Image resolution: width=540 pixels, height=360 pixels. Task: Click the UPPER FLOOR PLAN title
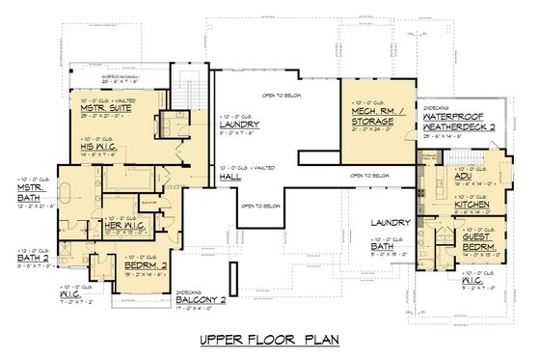click(269, 340)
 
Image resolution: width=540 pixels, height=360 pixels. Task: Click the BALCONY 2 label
click(199, 299)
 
